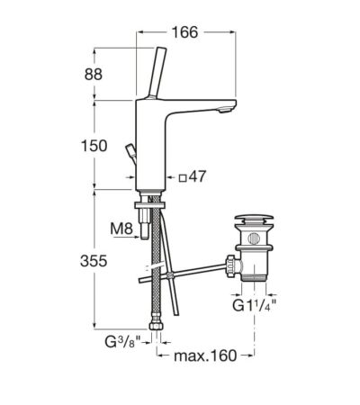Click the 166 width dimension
pyautogui.click(x=184, y=32)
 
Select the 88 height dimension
pyautogui.click(x=94, y=75)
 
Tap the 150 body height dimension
pyautogui.click(x=94, y=146)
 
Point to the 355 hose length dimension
pyautogui.click(x=94, y=261)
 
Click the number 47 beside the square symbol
pyautogui.click(x=197, y=176)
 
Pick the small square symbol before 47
pyautogui.click(x=183, y=178)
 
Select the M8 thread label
pyautogui.click(x=121, y=229)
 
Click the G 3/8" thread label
pyautogui.click(x=122, y=342)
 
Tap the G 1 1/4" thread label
pyautogui.click(x=254, y=306)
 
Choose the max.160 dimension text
pyautogui.click(x=205, y=355)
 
